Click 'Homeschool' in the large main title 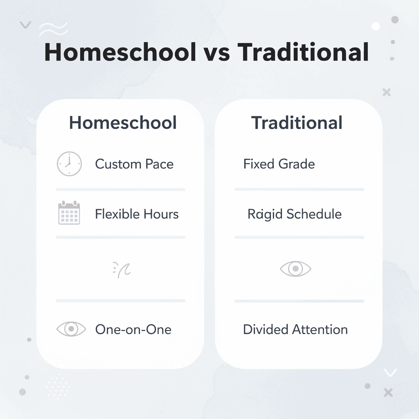[x=120, y=52]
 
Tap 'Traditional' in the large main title [x=303, y=52]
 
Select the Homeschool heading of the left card [x=123, y=123]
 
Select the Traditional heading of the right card [x=297, y=123]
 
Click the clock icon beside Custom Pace [x=69, y=164]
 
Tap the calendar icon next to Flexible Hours [x=69, y=213]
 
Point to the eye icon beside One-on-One [x=71, y=329]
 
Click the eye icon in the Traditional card [x=295, y=269]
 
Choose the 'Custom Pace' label [x=134, y=164]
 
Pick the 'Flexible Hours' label [x=137, y=214]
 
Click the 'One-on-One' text [x=133, y=329]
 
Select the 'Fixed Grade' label [x=279, y=164]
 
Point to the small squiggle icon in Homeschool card [x=122, y=270]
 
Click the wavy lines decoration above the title [x=53, y=29]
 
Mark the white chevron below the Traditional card [x=390, y=372]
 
